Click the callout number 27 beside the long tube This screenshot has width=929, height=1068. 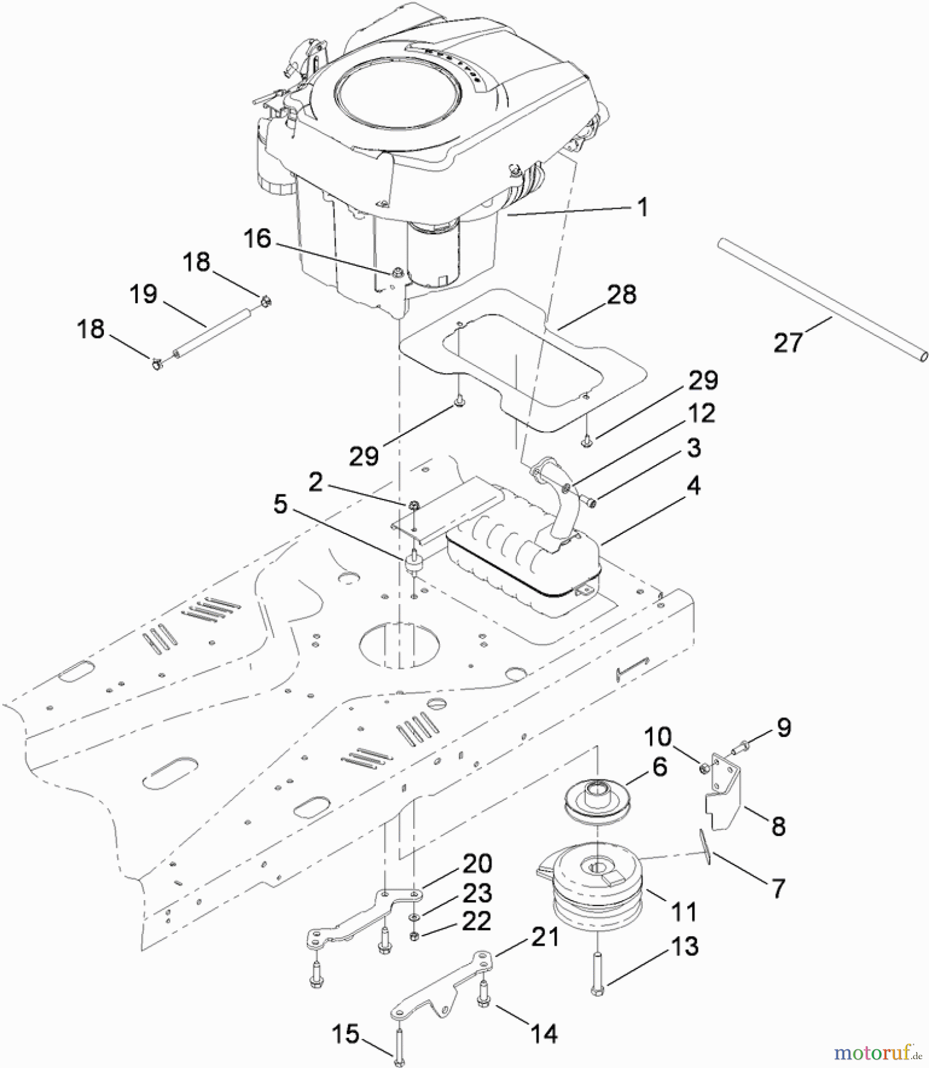pos(788,342)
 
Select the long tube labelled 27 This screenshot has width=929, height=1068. pos(822,297)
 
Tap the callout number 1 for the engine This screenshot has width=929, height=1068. pos(642,207)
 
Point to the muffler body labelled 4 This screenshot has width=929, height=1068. pos(522,564)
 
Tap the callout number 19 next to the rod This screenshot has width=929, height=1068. pos(143,294)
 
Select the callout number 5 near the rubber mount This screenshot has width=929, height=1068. pos(280,505)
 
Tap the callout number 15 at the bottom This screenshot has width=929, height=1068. pos(345,1034)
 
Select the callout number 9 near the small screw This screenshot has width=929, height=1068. pos(784,727)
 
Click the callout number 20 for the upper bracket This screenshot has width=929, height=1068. pos(477,863)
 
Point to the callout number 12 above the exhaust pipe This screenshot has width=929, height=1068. pos(701,413)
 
